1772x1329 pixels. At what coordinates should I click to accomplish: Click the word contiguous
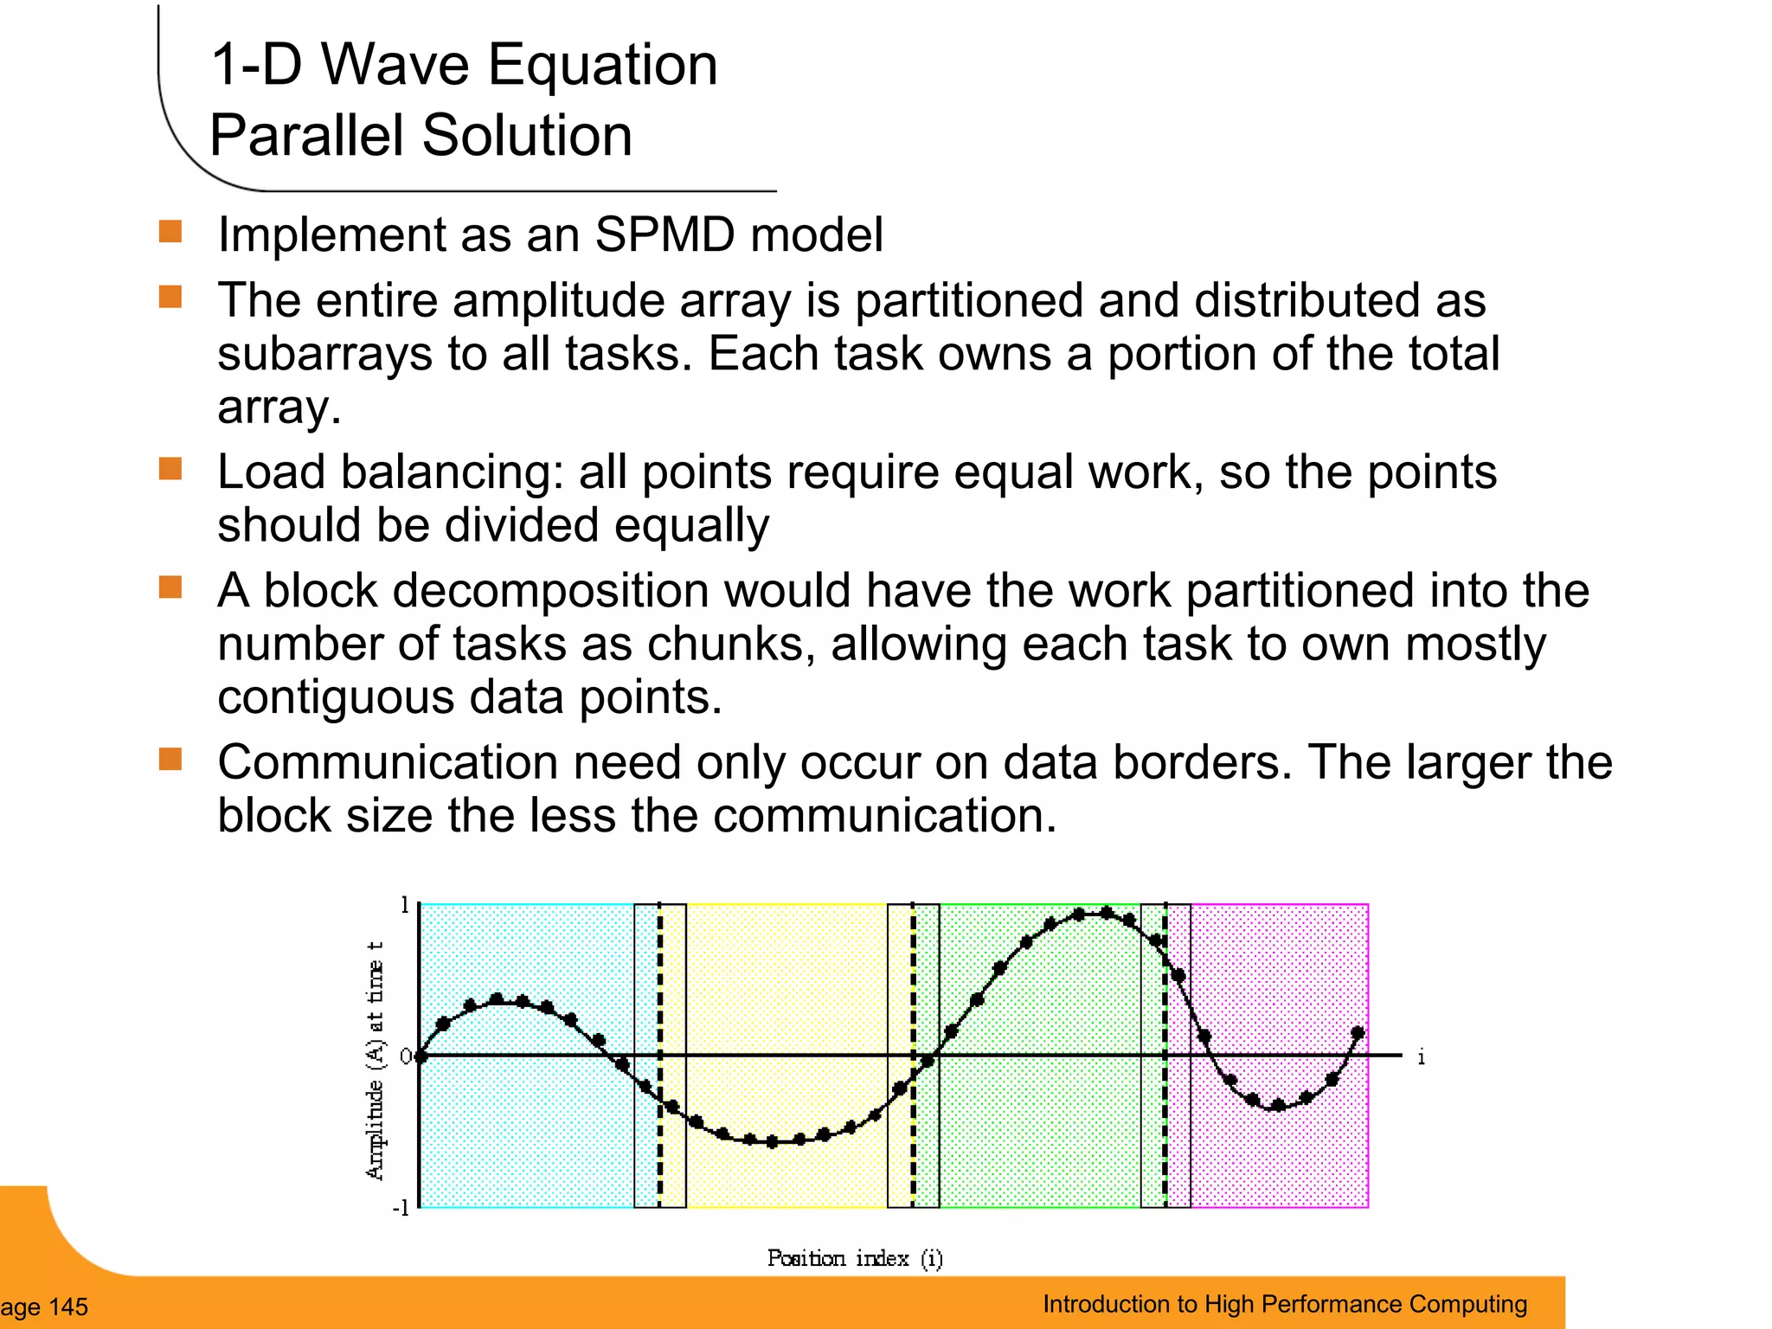(335, 697)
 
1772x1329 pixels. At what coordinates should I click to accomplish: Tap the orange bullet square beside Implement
(170, 232)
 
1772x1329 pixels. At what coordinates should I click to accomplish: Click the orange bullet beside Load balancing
(170, 469)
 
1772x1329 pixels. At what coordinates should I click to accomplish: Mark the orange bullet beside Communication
(170, 759)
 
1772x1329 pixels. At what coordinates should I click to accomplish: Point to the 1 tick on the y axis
(404, 906)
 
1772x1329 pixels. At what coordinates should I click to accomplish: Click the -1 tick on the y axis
(401, 1208)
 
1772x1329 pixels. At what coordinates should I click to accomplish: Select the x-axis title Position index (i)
(855, 1258)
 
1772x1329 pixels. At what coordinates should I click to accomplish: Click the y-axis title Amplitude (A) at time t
(375, 1059)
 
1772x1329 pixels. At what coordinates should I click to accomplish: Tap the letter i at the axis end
(1421, 1056)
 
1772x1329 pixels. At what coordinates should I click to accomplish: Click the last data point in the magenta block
(1358, 1033)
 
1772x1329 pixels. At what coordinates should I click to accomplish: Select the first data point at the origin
(421, 1056)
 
